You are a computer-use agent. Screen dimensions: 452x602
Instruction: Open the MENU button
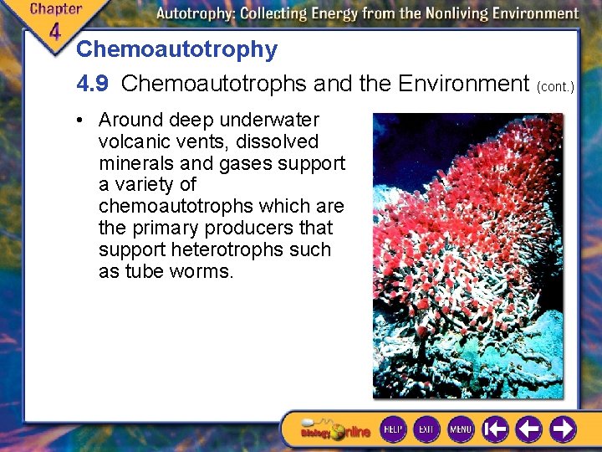pos(461,429)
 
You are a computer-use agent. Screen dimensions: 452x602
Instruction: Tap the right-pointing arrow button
pos(562,429)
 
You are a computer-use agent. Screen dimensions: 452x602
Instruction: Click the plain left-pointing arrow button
pos(528,429)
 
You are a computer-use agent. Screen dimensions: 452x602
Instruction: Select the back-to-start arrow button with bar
pos(495,429)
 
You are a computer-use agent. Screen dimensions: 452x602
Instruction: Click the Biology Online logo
pos(334,430)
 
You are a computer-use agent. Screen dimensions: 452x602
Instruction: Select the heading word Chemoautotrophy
pos(176,49)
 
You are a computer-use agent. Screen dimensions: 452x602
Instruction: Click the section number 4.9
pos(93,84)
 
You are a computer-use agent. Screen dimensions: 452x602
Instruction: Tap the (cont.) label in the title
pos(557,85)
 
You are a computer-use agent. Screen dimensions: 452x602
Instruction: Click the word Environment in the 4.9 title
pos(464,84)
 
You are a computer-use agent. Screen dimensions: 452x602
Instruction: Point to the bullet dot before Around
pos(78,120)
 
